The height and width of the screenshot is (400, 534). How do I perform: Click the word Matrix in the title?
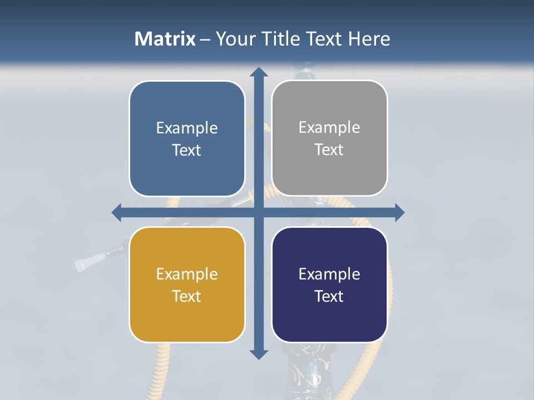click(x=165, y=39)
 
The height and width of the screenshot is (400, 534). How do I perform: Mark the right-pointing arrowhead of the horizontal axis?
click(x=399, y=212)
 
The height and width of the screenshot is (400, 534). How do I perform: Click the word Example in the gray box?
click(x=329, y=128)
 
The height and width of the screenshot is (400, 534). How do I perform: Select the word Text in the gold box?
click(x=187, y=296)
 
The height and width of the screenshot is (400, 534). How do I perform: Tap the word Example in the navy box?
click(x=329, y=274)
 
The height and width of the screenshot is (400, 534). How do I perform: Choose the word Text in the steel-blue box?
click(x=187, y=150)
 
